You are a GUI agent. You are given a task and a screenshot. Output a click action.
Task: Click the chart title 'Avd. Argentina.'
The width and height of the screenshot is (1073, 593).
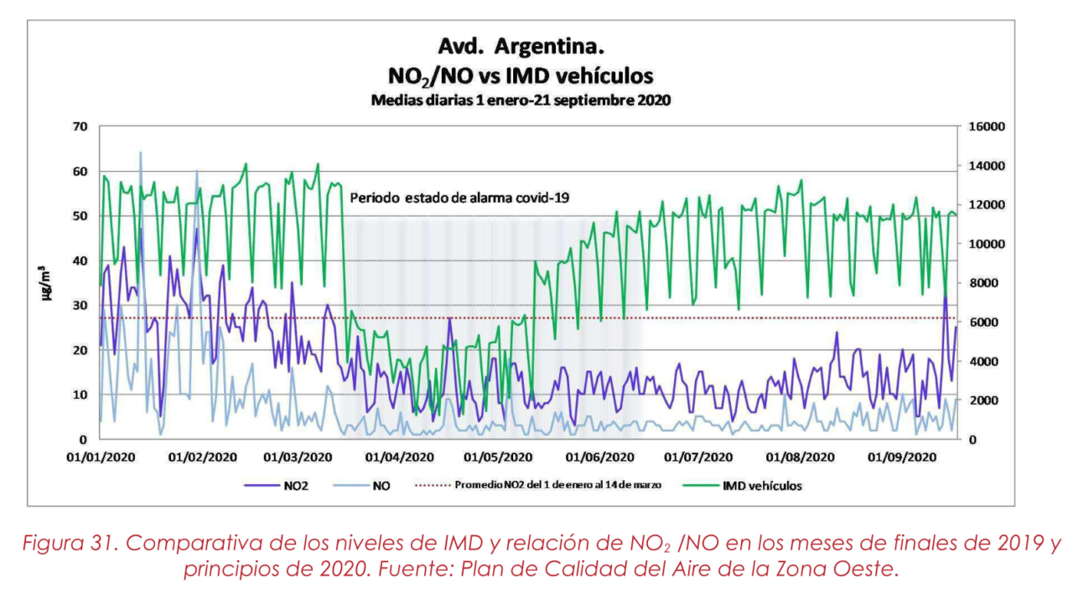click(521, 44)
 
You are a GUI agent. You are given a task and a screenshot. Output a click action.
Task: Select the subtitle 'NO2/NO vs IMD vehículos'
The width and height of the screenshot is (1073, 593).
click(521, 75)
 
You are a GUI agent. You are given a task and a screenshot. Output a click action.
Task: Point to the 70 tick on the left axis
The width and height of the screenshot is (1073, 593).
click(80, 127)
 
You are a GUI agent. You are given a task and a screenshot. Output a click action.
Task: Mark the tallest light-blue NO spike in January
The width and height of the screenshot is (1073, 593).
click(140, 154)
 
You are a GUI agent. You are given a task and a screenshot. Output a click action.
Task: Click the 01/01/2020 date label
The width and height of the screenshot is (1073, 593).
click(101, 457)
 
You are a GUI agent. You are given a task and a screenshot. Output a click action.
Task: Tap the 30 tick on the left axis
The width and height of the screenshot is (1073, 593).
click(80, 306)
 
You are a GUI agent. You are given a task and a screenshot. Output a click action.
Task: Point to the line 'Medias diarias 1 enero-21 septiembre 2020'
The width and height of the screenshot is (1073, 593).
click(521, 100)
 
